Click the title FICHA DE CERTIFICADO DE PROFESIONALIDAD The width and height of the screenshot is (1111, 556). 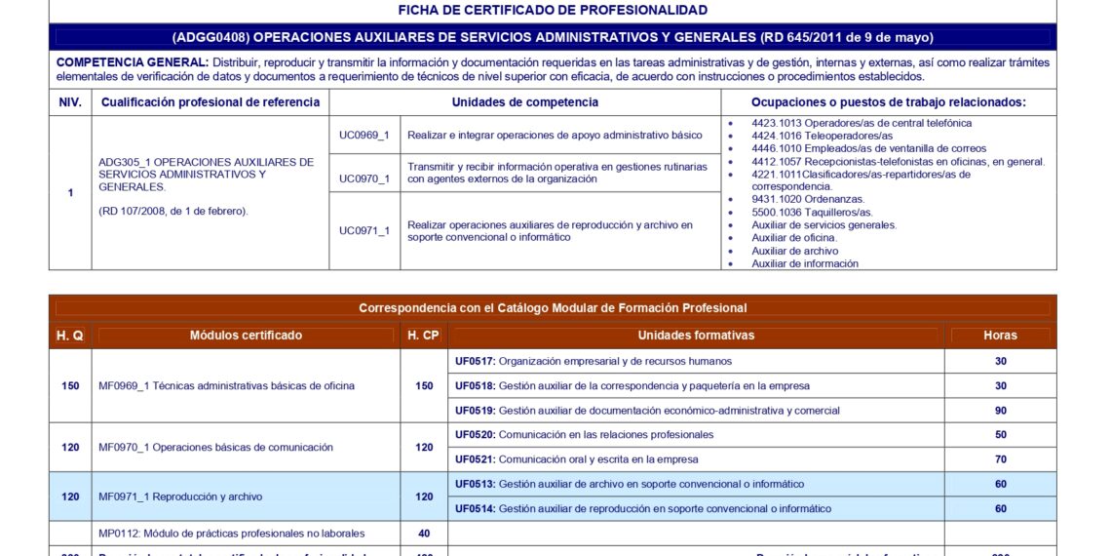click(553, 10)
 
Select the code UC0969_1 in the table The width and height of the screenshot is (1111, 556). click(364, 136)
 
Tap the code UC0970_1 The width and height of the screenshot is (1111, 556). click(364, 179)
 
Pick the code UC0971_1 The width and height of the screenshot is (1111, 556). click(364, 231)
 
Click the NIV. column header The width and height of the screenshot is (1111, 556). click(70, 102)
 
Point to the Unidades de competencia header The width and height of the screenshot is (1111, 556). click(524, 102)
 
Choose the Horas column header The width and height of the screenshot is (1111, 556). click(1000, 336)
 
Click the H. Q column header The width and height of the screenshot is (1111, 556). click(70, 336)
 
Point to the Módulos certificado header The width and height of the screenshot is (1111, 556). click(246, 336)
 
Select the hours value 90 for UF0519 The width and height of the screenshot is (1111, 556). click(1001, 411)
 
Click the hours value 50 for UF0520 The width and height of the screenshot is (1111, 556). click(1001, 435)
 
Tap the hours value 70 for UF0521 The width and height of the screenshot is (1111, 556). click(1001, 459)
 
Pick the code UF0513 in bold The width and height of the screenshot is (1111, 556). click(475, 484)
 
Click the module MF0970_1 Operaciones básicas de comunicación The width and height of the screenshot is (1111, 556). click(215, 448)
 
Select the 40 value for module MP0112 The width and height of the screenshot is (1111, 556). click(424, 534)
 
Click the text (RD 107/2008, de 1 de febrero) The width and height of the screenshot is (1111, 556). click(173, 211)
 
